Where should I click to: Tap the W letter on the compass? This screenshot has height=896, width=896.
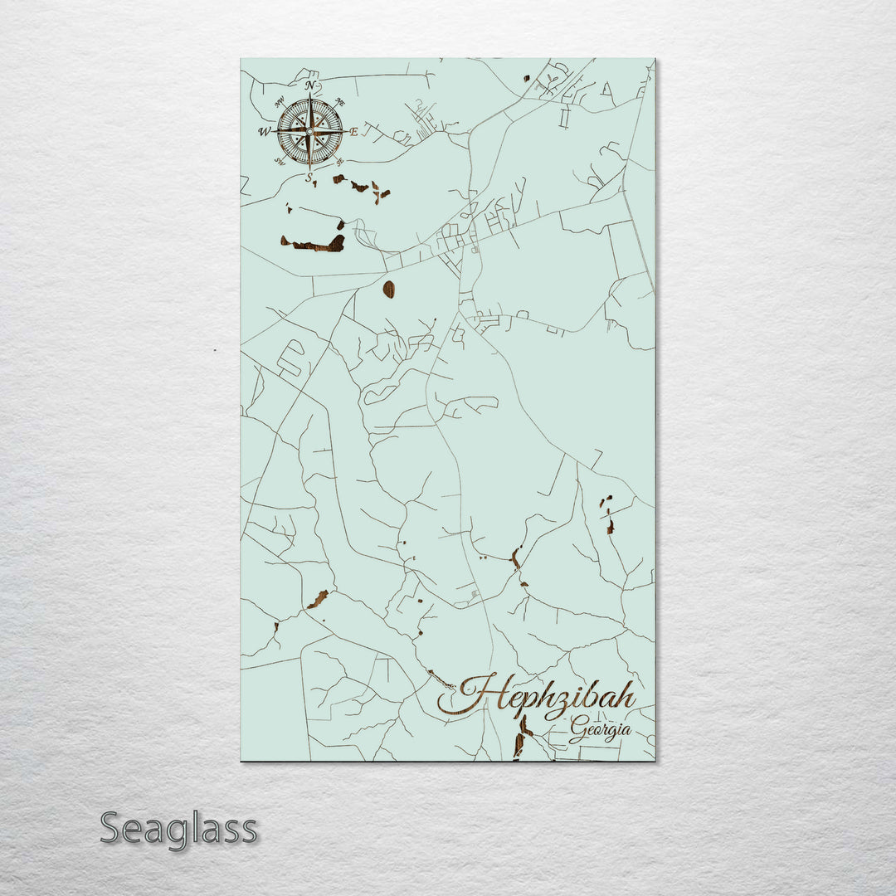coord(264,132)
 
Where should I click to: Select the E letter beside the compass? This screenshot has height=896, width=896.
coord(353,132)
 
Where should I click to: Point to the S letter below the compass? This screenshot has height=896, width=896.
coord(309,177)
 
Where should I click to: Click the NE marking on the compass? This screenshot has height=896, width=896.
coord(338,103)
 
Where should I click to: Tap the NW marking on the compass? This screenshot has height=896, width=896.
coord(280,103)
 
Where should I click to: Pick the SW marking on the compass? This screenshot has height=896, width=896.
coord(280,161)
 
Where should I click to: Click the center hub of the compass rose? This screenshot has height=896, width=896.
coord(309,130)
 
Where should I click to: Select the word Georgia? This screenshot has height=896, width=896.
coord(600,732)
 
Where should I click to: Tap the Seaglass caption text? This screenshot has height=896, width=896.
coord(178,828)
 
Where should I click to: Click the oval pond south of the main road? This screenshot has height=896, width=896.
coord(388,289)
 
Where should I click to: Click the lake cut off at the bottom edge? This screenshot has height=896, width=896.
coord(521,738)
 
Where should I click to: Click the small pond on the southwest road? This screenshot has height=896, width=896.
coord(318,599)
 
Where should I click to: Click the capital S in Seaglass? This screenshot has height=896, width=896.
coord(113,828)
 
